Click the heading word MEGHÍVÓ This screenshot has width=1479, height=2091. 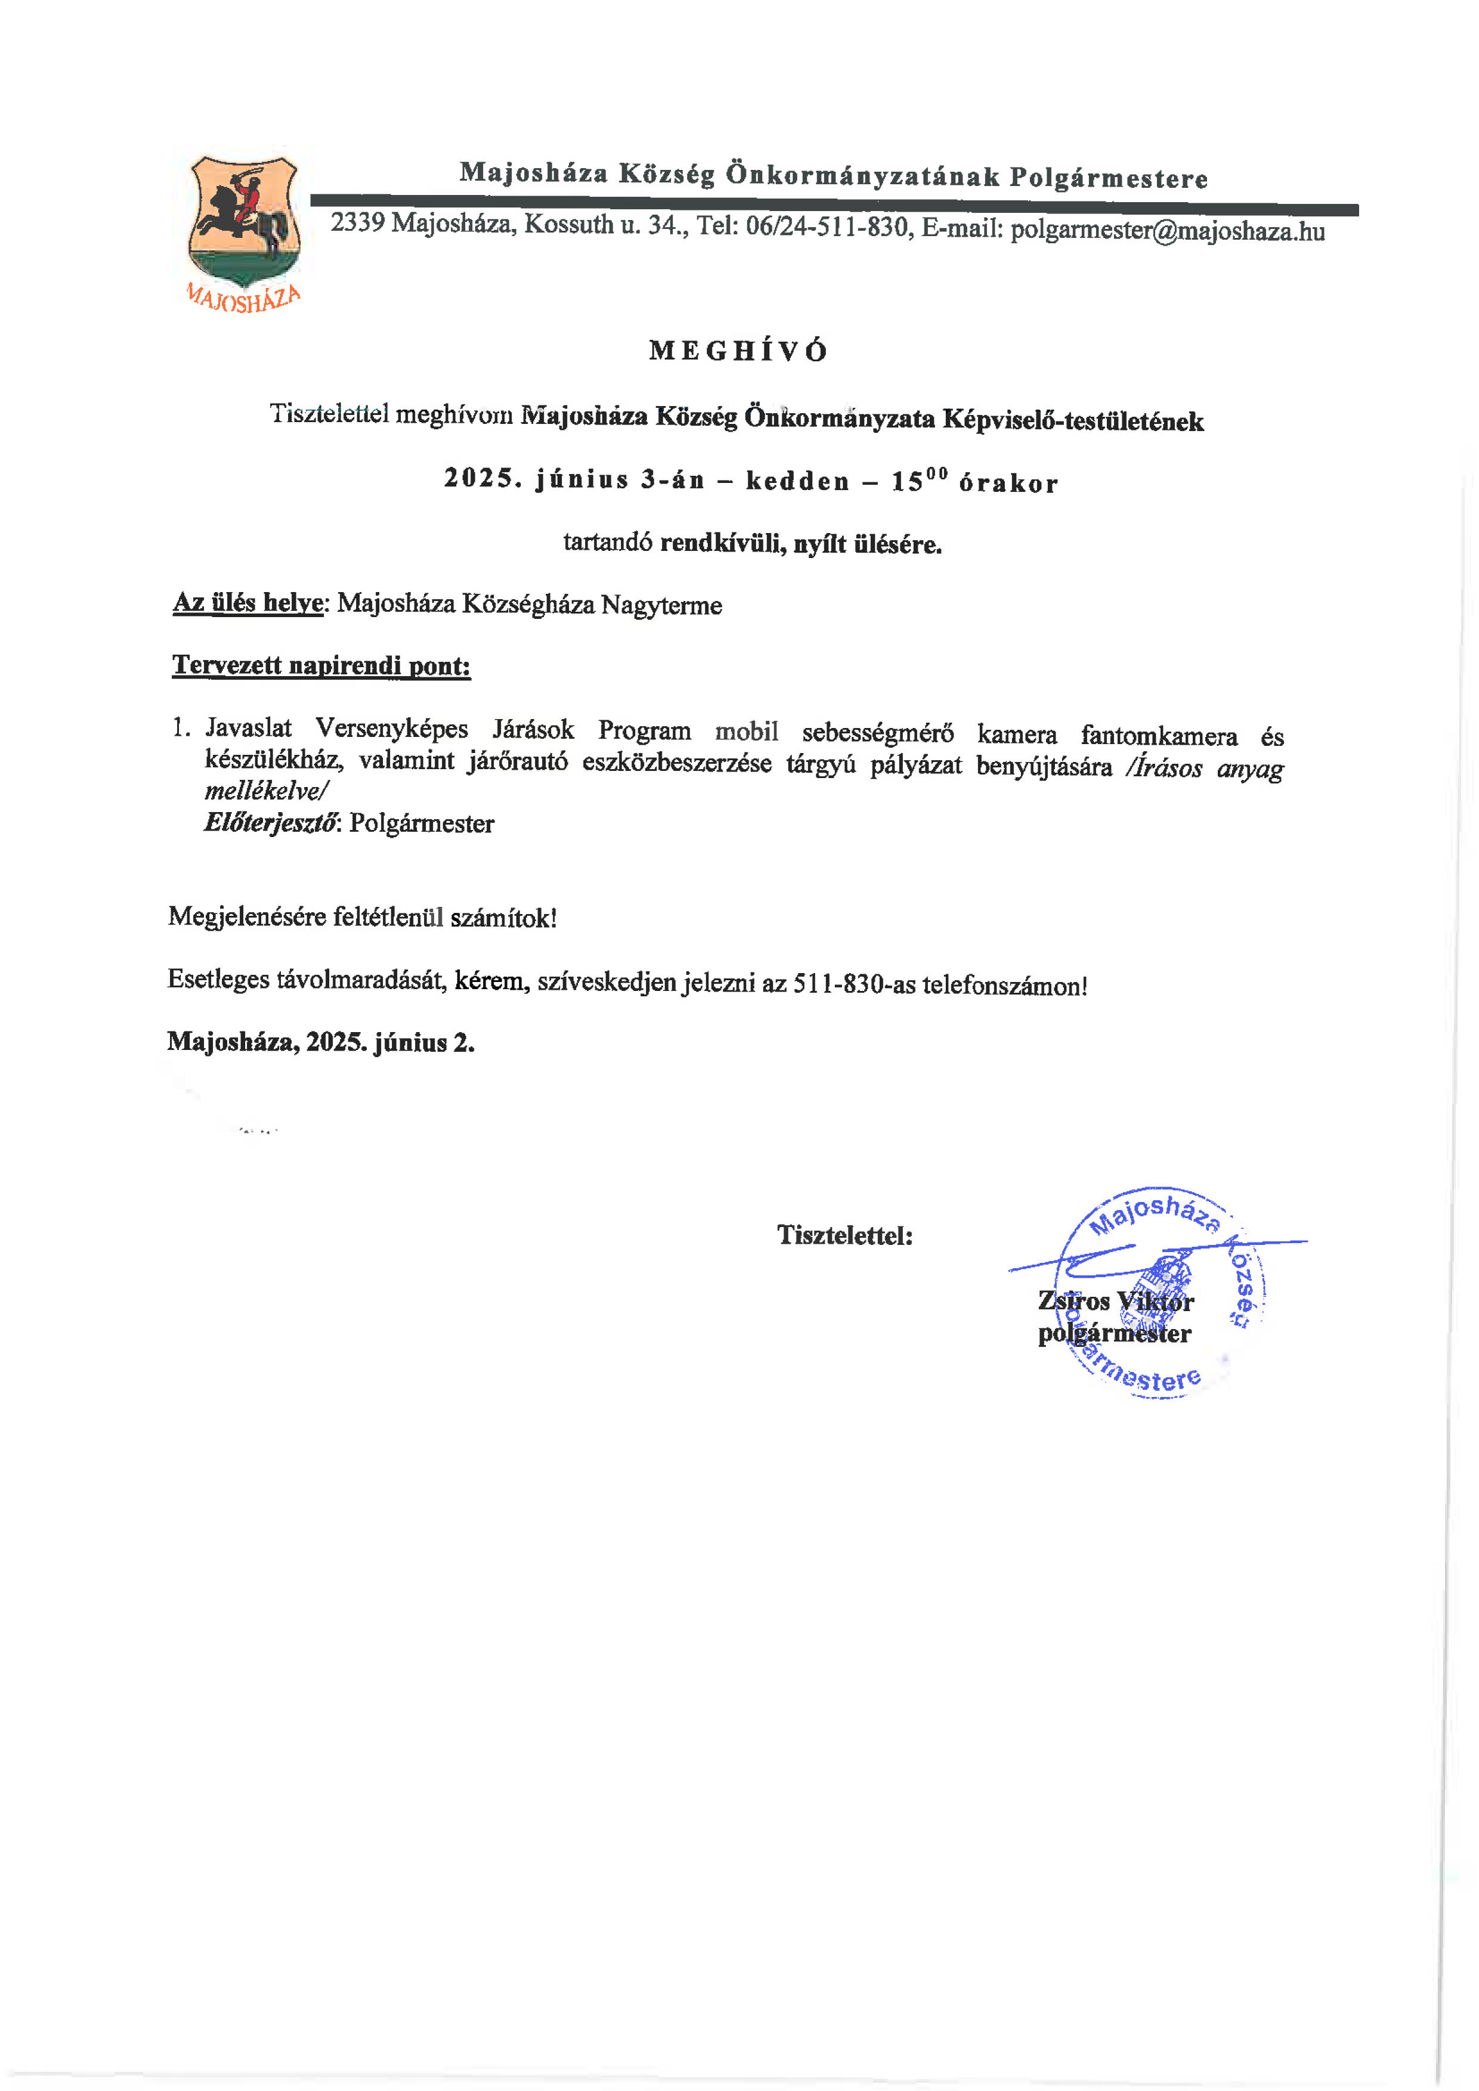(x=738, y=352)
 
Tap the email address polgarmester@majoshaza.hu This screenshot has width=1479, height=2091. (x=1168, y=230)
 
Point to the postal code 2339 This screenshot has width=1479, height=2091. (x=357, y=222)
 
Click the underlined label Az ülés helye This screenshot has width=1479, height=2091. (x=247, y=603)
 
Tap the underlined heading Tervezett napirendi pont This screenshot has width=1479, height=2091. (x=321, y=666)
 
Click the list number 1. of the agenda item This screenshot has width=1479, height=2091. (x=181, y=727)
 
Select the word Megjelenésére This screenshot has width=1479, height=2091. (x=247, y=916)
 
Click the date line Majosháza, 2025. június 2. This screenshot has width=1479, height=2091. (x=321, y=1042)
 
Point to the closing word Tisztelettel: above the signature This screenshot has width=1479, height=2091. (x=844, y=1235)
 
